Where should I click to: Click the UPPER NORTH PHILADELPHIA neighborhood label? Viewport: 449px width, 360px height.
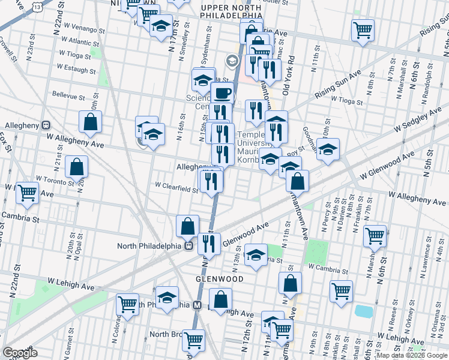(x=232, y=11)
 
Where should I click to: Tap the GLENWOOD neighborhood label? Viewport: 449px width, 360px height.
(x=219, y=280)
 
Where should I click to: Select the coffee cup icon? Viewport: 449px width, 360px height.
(x=223, y=93)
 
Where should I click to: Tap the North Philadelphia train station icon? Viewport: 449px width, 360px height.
(x=188, y=245)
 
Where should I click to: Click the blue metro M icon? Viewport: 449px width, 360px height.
(x=196, y=305)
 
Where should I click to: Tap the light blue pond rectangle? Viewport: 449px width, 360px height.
(x=363, y=311)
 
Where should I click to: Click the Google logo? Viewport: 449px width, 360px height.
(x=20, y=353)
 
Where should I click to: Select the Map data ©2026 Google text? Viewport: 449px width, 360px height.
(x=411, y=355)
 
